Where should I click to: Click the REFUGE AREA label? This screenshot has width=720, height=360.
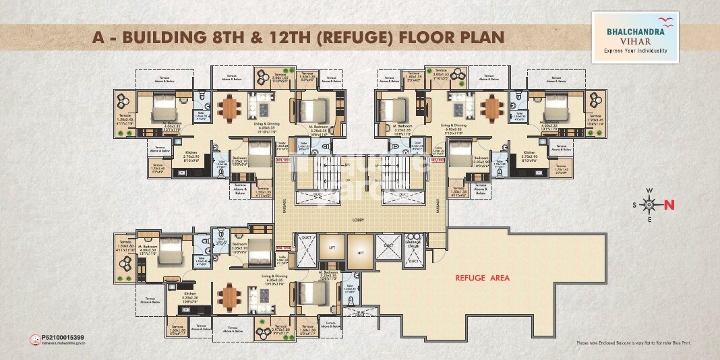(483, 277)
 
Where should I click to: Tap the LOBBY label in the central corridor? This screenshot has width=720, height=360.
(359, 219)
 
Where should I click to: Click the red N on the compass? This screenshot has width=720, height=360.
(669, 204)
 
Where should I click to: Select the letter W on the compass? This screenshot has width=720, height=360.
(649, 191)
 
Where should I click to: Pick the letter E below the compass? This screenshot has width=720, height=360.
(649, 219)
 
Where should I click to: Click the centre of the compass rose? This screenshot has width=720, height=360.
(649, 204)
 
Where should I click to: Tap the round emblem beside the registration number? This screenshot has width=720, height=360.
(36, 340)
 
